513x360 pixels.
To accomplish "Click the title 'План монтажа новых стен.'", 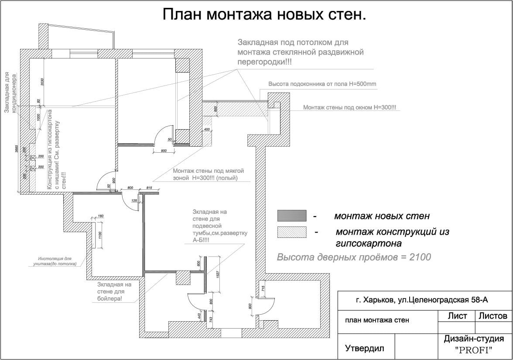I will (x=264, y=15).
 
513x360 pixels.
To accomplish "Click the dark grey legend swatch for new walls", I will (x=291, y=216).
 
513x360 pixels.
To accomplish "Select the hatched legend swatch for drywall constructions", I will (x=291, y=232).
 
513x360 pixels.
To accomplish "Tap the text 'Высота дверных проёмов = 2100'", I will (x=354, y=257).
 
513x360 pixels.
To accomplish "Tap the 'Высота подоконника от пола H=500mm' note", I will (x=322, y=83).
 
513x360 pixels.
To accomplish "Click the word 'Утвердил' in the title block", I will (x=365, y=348).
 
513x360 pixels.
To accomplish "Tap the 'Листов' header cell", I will (x=493, y=316).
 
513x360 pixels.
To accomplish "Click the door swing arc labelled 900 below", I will (x=164, y=135).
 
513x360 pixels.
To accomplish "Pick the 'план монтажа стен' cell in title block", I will (x=377, y=320).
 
